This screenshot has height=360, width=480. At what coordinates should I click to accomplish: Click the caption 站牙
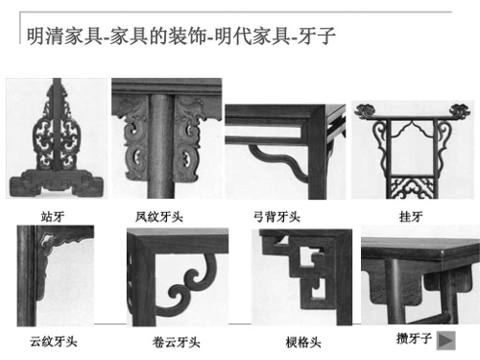point(53,217)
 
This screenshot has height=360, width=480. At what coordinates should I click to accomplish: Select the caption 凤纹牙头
point(158,217)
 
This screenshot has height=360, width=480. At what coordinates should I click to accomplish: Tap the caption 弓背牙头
point(276,217)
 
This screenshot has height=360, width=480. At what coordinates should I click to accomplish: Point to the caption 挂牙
point(411,217)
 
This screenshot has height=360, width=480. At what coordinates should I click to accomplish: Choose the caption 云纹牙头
point(54,342)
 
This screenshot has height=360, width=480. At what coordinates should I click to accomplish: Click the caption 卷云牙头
point(176,343)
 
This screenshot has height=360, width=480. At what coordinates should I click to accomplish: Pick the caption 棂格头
point(303,343)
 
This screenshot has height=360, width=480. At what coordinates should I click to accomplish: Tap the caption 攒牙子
point(414,338)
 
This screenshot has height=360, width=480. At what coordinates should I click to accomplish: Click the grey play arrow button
point(445,341)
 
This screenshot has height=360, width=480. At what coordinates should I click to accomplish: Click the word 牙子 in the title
point(317,36)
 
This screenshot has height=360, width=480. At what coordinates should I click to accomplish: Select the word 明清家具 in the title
point(64,36)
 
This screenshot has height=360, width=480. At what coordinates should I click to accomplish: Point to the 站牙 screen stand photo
point(57,138)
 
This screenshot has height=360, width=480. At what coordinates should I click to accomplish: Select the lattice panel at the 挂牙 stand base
point(412,187)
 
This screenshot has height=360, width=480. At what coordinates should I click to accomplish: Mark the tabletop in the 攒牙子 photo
point(420,249)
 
